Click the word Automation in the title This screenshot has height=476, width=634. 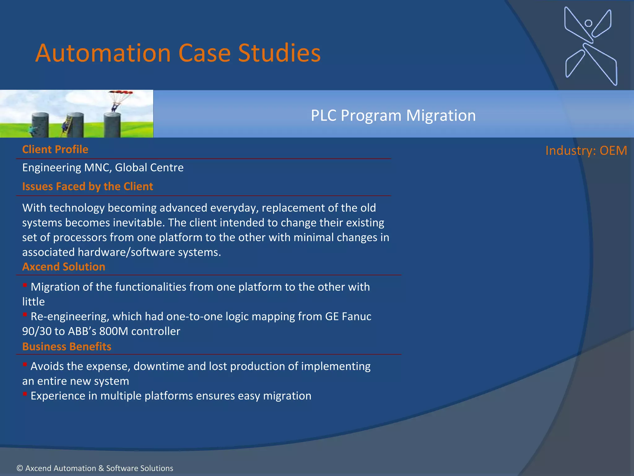tap(103, 53)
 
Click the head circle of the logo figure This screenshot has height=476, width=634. tap(588, 23)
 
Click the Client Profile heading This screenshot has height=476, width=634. tap(55, 149)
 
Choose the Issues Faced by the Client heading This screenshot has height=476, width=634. tap(88, 186)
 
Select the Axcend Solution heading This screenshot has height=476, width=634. tap(64, 267)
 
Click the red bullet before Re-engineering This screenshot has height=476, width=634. tap(25, 315)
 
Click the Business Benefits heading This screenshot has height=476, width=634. tap(67, 346)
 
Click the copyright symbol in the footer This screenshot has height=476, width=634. tap(20, 468)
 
